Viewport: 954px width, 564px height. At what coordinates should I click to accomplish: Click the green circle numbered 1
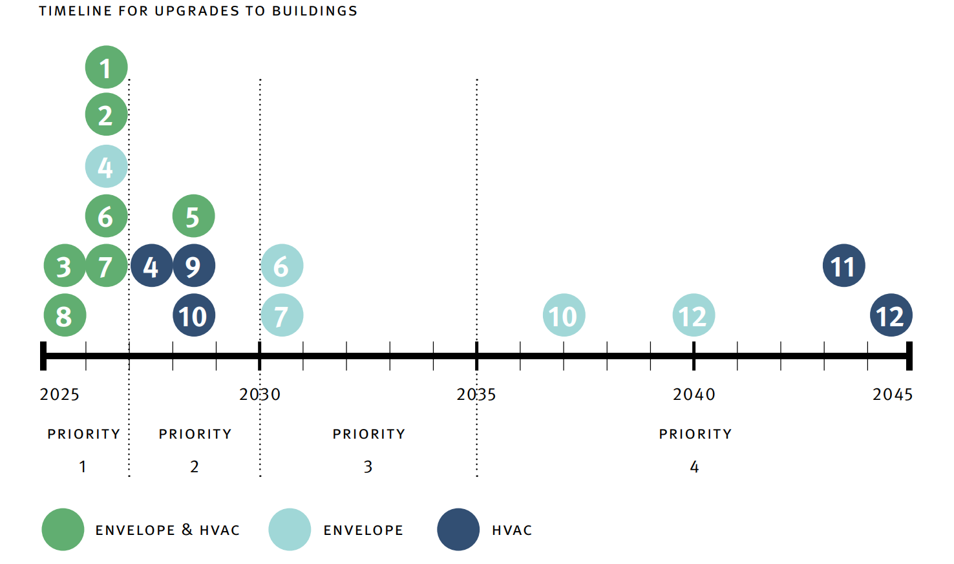106,67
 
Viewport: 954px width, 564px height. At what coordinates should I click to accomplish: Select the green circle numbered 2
106,114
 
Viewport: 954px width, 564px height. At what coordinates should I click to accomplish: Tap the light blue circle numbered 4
106,166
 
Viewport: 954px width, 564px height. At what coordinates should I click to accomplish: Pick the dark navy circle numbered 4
151,266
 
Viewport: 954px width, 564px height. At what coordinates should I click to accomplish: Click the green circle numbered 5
193,216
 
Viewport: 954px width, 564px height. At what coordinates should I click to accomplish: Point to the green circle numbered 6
106,216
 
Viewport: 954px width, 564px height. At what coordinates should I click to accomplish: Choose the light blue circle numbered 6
282,266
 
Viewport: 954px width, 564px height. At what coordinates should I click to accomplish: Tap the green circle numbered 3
65,266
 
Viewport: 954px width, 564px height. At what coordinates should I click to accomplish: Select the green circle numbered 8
65,315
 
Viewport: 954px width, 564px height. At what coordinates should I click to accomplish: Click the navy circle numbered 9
193,266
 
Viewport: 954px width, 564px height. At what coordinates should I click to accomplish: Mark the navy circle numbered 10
193,315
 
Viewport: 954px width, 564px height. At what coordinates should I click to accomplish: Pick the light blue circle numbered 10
564,315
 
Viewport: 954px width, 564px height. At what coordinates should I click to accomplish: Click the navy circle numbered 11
843,266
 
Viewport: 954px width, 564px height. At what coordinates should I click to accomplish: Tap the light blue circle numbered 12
694,315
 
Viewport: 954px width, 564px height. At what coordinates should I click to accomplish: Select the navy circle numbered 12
891,315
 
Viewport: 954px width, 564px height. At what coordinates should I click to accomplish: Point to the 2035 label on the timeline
476,394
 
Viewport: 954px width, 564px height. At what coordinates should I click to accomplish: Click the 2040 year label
694,394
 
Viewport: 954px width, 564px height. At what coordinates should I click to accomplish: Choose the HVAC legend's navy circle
458,530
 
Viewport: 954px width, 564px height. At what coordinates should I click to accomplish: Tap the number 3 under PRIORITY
368,466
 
